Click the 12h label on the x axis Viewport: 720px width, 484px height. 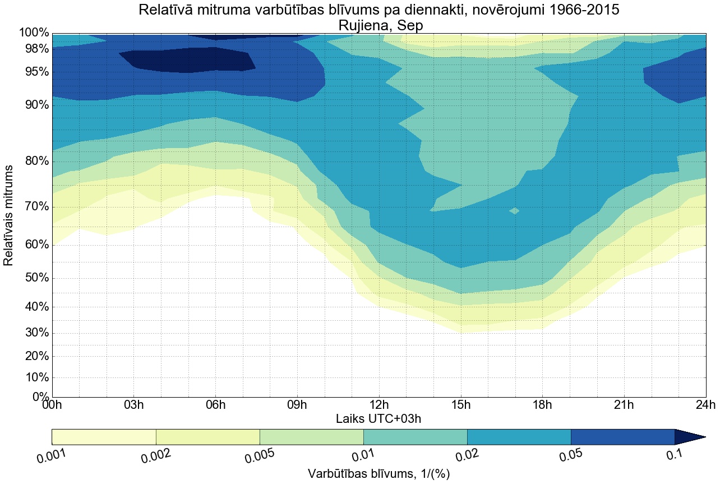click(379, 405)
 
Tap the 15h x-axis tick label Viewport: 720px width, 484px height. click(461, 405)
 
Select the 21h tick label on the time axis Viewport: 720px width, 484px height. click(624, 405)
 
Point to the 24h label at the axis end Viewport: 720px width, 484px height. click(705, 405)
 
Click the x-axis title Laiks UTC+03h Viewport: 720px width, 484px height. click(379, 418)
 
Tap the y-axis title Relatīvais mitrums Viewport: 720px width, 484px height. click(9, 216)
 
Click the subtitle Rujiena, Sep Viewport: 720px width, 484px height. click(379, 25)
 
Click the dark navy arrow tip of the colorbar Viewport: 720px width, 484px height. click(693, 437)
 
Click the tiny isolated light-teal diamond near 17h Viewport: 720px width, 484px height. click(514, 210)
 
